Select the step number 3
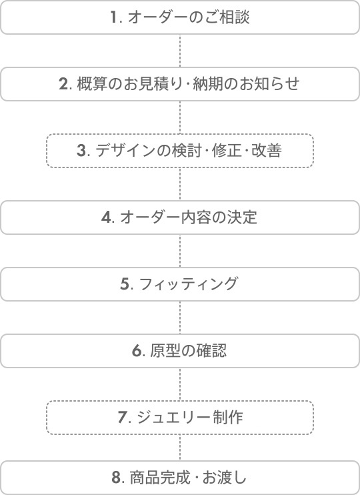pyautogui.click(x=81, y=151)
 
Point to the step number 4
pyautogui.click(x=106, y=217)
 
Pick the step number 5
pyautogui.click(x=124, y=284)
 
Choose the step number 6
pyautogui.click(x=136, y=350)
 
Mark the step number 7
pyautogui.click(x=122, y=417)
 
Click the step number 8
pyautogui.click(x=116, y=478)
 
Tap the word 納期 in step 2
pyautogui.click(x=208, y=84)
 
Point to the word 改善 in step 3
pyautogui.click(x=267, y=151)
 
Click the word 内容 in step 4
pyautogui.click(x=196, y=217)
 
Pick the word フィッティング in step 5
pyautogui.click(x=188, y=284)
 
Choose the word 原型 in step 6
pyautogui.click(x=165, y=350)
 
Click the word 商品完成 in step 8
pyautogui.click(x=160, y=478)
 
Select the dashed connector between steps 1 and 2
pyautogui.click(x=180, y=51)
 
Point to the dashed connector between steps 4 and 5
pyautogui.click(x=180, y=251)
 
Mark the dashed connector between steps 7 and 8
pyautogui.click(x=180, y=448)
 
